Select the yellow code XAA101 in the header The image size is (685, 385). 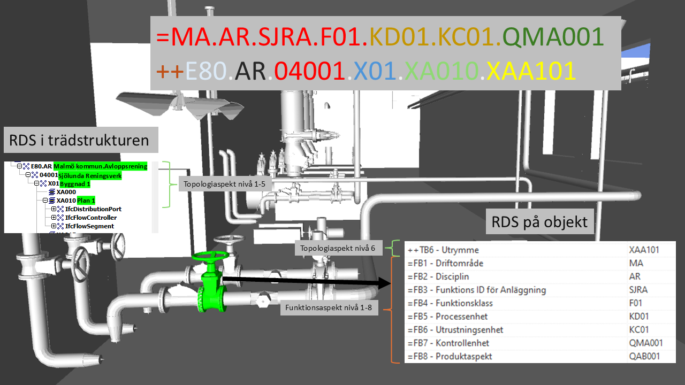[x=530, y=71]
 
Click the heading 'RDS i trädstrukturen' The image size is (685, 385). [x=79, y=141]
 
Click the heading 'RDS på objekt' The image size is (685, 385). [x=540, y=221]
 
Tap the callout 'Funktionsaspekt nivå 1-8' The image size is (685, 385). [x=329, y=308]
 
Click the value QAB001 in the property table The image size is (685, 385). [x=645, y=356]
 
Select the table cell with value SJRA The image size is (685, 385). [x=639, y=290]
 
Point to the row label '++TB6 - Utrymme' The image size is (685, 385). [x=443, y=250]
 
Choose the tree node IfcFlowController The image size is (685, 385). [x=90, y=218]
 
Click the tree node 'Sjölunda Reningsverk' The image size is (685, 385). [x=90, y=175]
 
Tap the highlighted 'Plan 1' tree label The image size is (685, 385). [x=86, y=201]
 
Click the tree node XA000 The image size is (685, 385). [x=66, y=192]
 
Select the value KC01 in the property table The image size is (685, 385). [x=639, y=329]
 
